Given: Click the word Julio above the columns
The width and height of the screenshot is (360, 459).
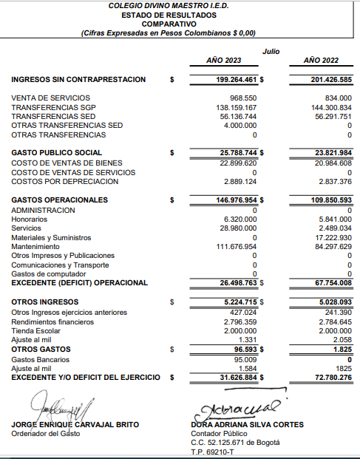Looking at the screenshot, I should click(x=271, y=50).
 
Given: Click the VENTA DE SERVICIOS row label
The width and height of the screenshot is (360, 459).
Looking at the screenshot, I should click(x=51, y=98).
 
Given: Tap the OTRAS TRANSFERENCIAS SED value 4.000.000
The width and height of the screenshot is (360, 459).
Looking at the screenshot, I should click(x=237, y=126).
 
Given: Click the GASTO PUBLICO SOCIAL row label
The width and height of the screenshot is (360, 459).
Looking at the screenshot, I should click(x=57, y=153).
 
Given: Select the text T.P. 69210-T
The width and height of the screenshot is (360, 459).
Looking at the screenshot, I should click(x=211, y=452).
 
